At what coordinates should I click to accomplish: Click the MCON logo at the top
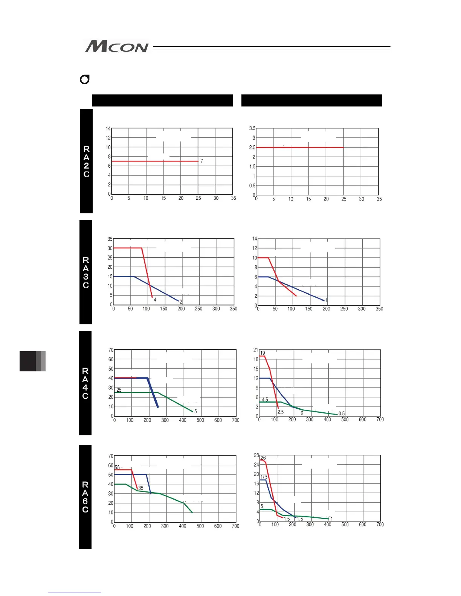(117, 47)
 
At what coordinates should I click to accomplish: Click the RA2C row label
(86, 161)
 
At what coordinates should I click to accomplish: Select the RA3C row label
(86, 272)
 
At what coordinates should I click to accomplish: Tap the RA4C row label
(85, 383)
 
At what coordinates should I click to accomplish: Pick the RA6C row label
(85, 497)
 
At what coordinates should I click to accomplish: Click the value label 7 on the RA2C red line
(201, 161)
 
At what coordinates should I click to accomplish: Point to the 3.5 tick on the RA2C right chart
(252, 128)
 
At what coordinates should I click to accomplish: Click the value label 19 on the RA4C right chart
(263, 353)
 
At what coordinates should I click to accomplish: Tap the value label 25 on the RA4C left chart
(119, 390)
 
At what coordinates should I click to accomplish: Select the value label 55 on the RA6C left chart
(117, 467)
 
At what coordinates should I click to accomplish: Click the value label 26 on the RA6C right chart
(263, 458)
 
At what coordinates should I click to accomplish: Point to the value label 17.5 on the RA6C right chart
(264, 477)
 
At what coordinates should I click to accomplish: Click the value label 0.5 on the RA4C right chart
(342, 414)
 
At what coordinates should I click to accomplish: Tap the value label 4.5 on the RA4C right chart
(265, 400)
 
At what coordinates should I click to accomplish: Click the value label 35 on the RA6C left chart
(141, 488)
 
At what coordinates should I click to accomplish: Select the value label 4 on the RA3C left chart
(155, 300)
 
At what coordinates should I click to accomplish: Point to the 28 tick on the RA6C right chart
(256, 455)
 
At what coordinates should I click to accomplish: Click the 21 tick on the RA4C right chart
(256, 350)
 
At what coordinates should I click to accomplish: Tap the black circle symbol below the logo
(85, 80)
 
